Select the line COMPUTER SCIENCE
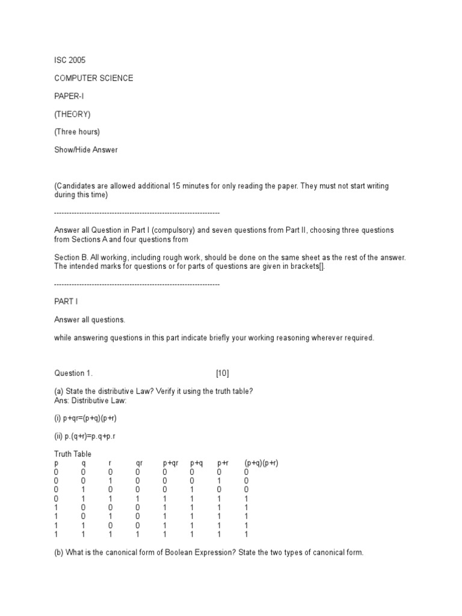point(94,78)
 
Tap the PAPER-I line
point(69,96)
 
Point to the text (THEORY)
point(72,114)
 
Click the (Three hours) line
point(77,132)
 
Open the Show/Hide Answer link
point(86,150)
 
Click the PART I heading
point(66,301)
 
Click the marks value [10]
point(223,374)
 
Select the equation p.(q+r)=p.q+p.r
point(85,436)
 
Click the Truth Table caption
point(73,454)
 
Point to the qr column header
point(139,463)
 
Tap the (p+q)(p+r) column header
point(261,463)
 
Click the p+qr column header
point(171,463)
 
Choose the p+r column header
point(223,463)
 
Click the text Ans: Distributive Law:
point(91,401)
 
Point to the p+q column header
point(196,463)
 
